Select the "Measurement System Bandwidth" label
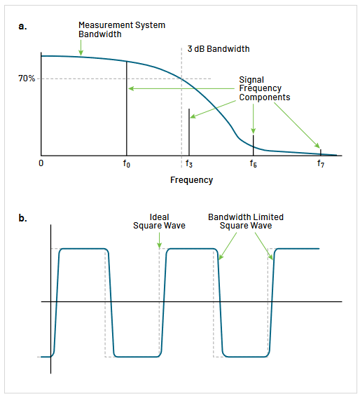coord(122,30)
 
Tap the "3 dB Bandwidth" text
coord(219,49)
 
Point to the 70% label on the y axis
coord(27,78)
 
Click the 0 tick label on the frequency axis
coord(41,163)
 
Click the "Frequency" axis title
coord(191,180)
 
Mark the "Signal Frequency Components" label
coord(260,89)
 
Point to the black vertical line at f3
coord(189,133)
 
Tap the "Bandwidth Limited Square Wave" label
coord(246,221)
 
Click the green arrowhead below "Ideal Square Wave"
coord(160,245)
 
